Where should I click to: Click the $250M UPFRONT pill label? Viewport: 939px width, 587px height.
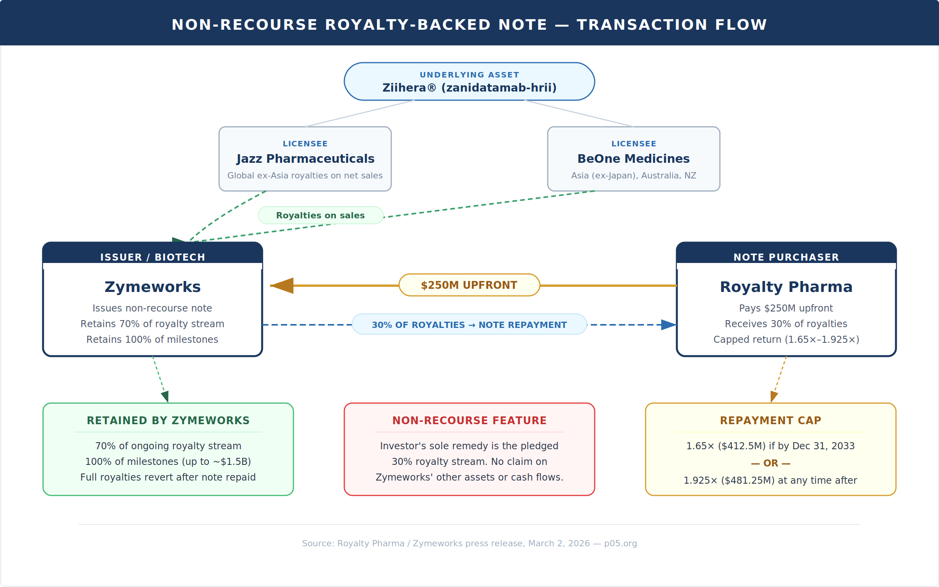pos(469,285)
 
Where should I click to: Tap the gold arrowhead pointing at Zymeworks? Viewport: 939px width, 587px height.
pos(282,286)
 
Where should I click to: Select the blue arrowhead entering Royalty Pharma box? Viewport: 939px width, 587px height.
pos(668,325)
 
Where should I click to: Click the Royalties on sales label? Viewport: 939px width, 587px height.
pos(320,216)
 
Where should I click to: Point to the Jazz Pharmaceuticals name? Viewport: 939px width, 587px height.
pos(305,158)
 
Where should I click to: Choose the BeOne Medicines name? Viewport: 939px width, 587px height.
pos(633,158)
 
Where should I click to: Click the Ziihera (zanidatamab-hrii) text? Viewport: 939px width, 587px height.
pos(469,88)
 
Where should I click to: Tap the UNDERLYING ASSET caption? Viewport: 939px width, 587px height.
pos(469,75)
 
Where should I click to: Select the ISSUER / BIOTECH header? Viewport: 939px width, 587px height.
pos(153,257)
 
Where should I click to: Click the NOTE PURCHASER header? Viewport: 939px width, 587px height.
pos(786,257)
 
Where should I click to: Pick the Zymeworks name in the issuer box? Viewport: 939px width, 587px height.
pos(153,287)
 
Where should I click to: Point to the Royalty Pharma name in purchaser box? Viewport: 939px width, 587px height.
pos(786,287)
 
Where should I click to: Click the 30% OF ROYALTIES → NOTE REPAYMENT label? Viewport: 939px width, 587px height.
pos(469,325)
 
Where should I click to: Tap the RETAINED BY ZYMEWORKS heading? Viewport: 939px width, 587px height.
pos(168,421)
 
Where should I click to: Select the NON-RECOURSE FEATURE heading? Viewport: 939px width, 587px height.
pos(469,421)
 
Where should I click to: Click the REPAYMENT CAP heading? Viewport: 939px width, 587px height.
pos(770,421)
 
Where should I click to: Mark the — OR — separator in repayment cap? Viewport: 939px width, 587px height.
pos(770,463)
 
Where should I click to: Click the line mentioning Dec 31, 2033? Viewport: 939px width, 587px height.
pos(770,446)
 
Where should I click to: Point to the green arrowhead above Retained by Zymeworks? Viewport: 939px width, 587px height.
pos(165,396)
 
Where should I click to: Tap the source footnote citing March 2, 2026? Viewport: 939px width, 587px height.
pos(469,544)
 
